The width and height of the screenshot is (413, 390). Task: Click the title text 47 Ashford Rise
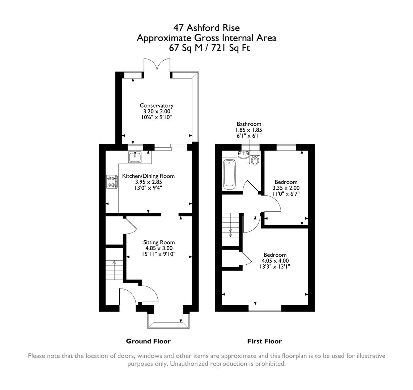point(206,28)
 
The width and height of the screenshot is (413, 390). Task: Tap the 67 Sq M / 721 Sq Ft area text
point(206,48)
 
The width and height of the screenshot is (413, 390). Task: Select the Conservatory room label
point(157,105)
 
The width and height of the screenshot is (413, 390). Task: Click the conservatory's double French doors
point(157,67)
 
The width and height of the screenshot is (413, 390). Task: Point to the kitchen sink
point(135,156)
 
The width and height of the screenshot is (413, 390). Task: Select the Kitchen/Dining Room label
point(148,176)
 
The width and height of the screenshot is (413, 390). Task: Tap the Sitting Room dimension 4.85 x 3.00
point(159,248)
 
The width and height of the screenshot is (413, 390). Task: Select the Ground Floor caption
point(148,341)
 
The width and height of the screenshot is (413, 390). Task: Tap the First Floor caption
point(264,341)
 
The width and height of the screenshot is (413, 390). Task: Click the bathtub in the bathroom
point(229,173)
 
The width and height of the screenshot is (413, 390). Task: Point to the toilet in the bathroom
point(255,159)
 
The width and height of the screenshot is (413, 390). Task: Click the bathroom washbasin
point(243,155)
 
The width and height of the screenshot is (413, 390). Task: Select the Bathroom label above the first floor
point(249,124)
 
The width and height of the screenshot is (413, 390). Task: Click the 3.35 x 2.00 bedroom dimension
point(286,188)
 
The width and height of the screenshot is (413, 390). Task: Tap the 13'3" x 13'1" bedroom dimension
point(275,266)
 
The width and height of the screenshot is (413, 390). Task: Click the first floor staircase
point(230,229)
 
